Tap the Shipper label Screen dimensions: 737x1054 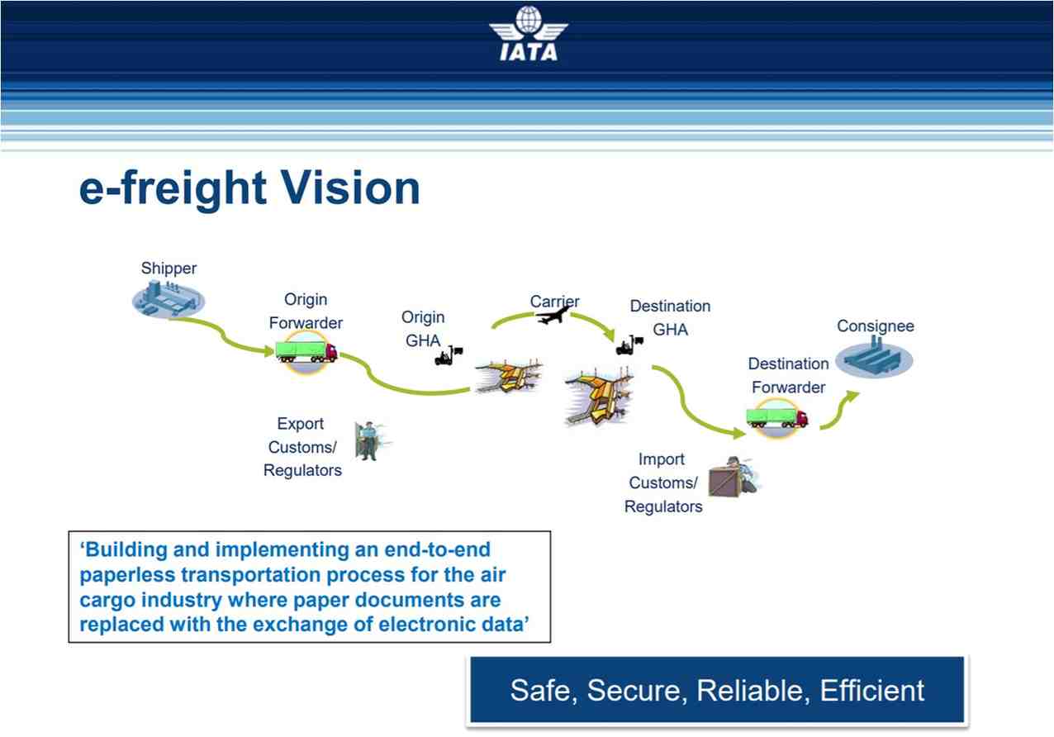169,268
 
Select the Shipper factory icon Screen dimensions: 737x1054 168,298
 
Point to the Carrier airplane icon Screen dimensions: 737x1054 553,315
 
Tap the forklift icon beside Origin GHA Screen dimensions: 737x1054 448,355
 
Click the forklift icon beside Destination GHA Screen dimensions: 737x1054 629,345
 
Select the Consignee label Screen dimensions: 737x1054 875,326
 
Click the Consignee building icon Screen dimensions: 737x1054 874,360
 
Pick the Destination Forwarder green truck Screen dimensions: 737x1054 776,417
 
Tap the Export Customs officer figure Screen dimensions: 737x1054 368,440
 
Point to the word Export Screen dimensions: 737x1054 301,424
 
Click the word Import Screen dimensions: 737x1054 662,459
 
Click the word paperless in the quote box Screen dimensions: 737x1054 132,575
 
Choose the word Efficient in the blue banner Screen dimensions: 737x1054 872,691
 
